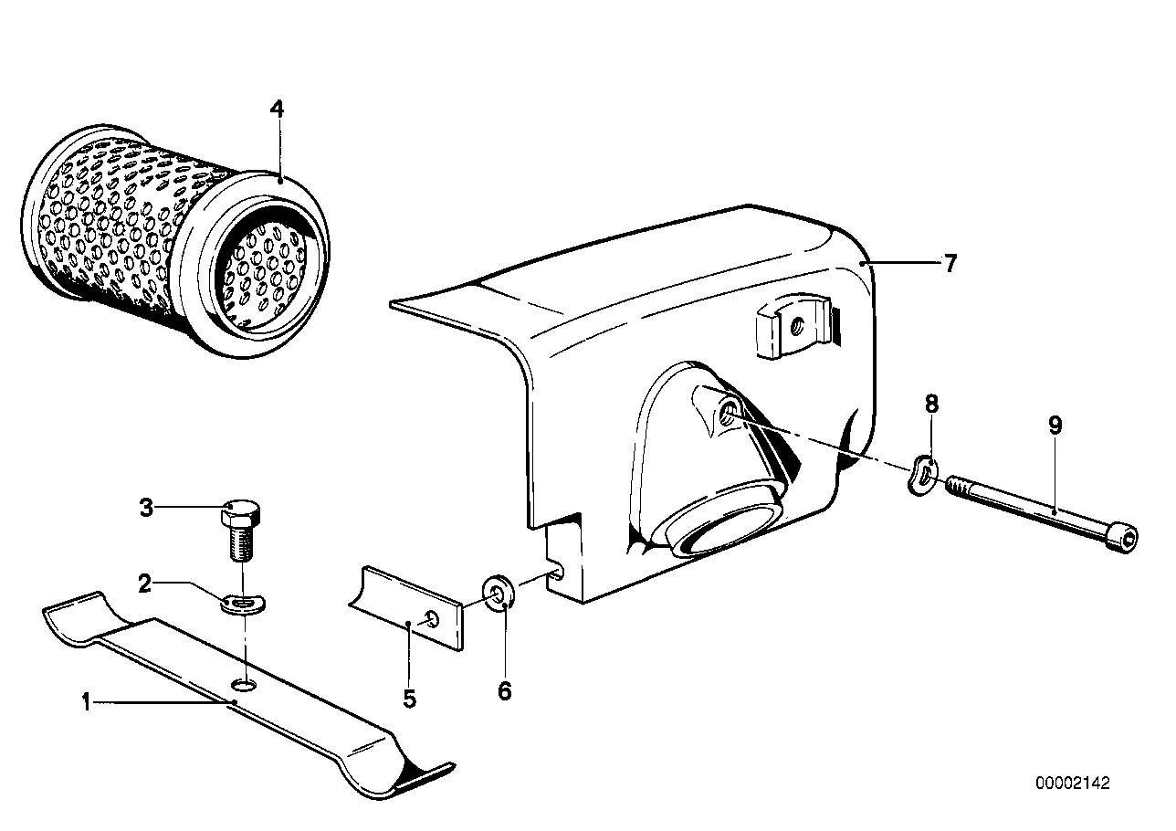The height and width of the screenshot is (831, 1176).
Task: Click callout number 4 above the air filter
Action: pos(277,110)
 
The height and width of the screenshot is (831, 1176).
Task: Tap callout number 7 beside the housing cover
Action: pos(950,263)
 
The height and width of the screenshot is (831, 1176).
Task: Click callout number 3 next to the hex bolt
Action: pos(146,508)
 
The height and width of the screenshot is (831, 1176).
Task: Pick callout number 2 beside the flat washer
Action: pos(145,584)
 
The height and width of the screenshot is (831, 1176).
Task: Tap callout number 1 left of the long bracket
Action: pos(87,702)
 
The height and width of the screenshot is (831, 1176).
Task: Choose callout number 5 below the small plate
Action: pos(409,699)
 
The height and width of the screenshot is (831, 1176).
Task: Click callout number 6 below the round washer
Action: pos(505,691)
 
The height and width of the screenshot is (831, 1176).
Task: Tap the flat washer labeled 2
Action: pos(242,604)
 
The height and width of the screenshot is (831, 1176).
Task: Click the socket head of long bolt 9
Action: pos(1125,537)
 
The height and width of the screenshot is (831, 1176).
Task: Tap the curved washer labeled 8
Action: pos(922,476)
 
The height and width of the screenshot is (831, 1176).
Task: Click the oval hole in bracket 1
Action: pos(244,685)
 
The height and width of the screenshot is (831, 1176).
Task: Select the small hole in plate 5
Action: pos(432,620)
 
